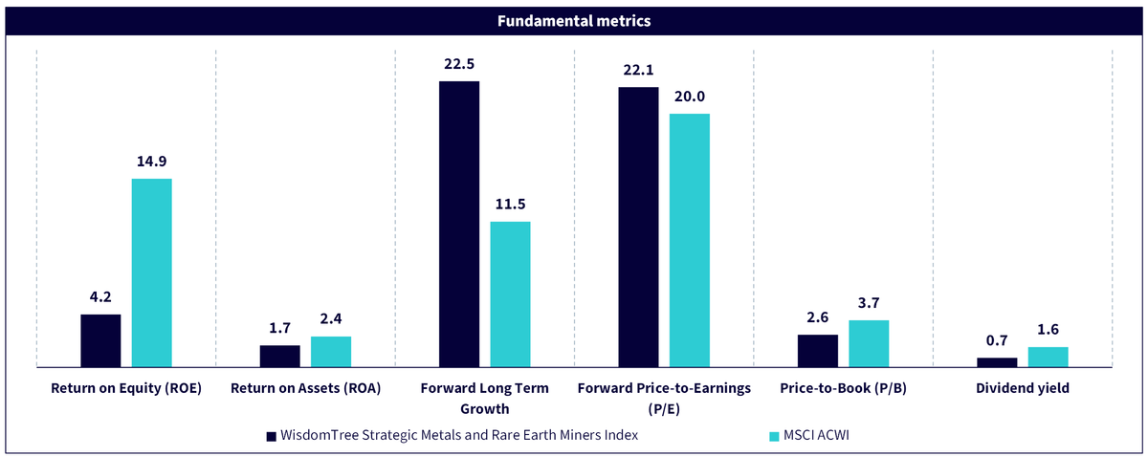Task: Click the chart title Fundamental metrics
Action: point(574,21)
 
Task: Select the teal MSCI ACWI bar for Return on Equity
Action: point(152,272)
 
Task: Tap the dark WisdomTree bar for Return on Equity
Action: point(101,340)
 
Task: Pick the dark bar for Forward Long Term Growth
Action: point(459,224)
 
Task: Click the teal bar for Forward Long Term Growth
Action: point(511,294)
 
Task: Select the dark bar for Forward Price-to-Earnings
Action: point(639,227)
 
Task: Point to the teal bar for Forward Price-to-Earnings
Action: point(690,240)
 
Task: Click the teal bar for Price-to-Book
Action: point(869,344)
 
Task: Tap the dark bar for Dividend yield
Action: point(997,362)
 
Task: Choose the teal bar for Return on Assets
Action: point(331,352)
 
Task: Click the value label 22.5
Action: point(459,64)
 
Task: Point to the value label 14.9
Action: point(152,162)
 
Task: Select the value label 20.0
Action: point(690,97)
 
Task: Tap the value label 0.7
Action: point(997,340)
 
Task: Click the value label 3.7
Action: point(869,303)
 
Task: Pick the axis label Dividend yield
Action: point(1023,388)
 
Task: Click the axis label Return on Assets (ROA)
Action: point(306,388)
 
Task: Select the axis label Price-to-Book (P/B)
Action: point(844,388)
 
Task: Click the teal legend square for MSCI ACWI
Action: point(774,437)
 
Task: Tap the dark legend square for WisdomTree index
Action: point(271,437)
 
